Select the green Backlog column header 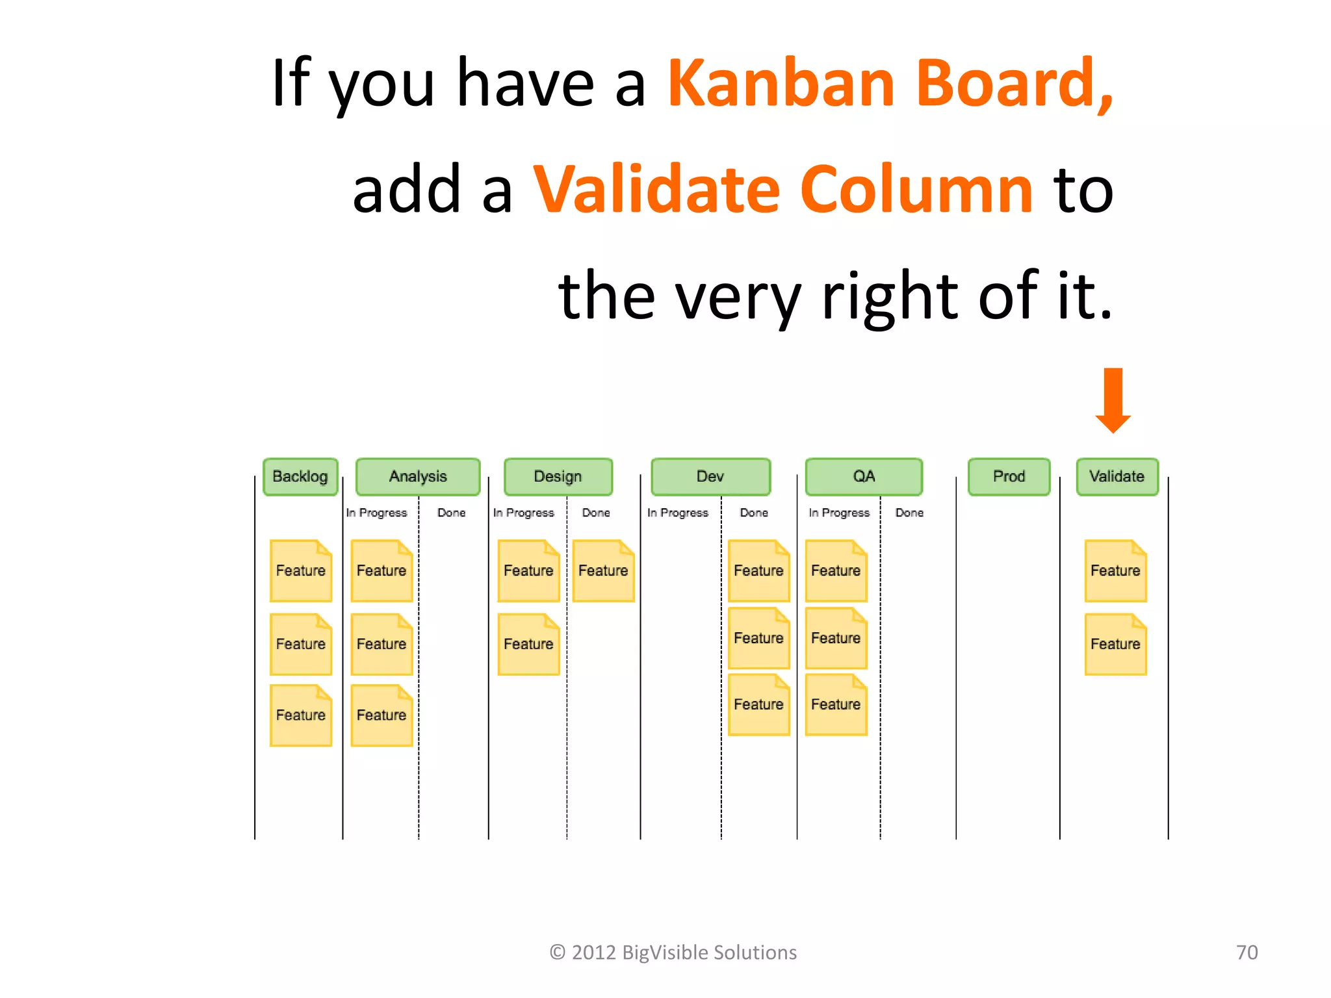(x=300, y=477)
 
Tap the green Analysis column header (x=418, y=477)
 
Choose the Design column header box (x=558, y=477)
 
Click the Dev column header (x=710, y=477)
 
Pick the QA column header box (x=864, y=477)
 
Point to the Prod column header (x=1009, y=477)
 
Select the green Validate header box (x=1117, y=477)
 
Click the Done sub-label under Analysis (x=451, y=513)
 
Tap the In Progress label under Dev (x=678, y=513)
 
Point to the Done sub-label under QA (x=909, y=513)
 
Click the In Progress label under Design (x=524, y=513)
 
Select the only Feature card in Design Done (x=603, y=570)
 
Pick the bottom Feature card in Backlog (x=301, y=715)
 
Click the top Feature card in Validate (x=1115, y=570)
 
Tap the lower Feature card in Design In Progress (x=528, y=644)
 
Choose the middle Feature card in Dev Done (x=758, y=638)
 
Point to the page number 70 (x=1247, y=953)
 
